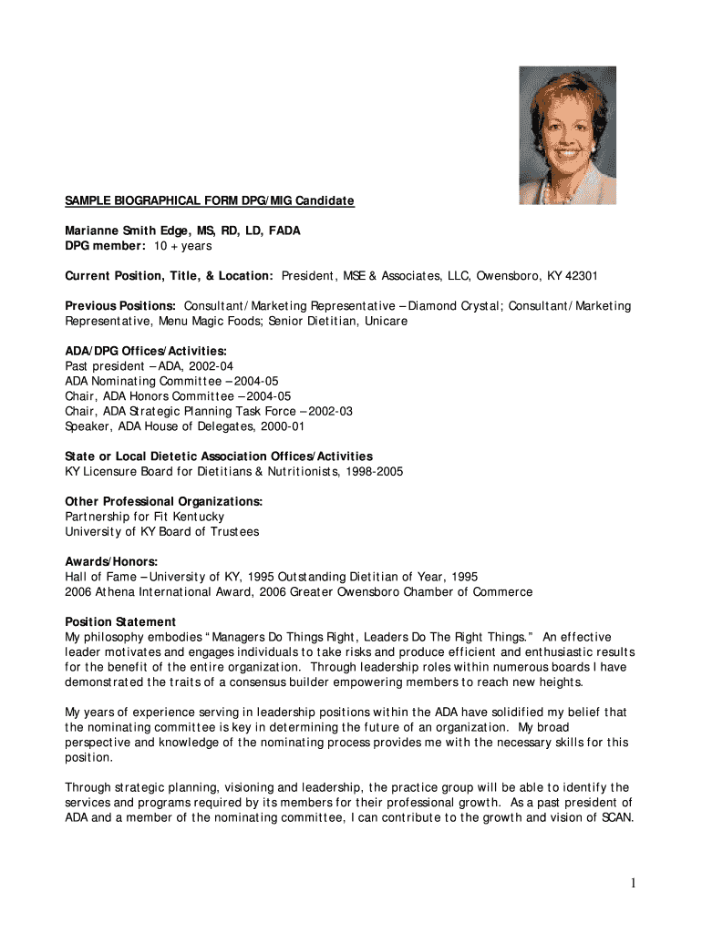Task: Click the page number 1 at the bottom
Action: (x=630, y=883)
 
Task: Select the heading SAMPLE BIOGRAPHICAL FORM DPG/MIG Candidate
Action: (x=209, y=200)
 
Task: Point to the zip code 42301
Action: (x=580, y=276)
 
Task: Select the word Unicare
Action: (x=386, y=321)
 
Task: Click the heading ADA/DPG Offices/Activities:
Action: (x=145, y=351)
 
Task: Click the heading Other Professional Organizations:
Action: (x=163, y=501)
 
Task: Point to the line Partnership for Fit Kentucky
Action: (x=144, y=517)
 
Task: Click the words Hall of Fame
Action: (x=100, y=577)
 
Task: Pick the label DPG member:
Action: (x=105, y=246)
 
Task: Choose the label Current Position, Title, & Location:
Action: (x=169, y=276)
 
